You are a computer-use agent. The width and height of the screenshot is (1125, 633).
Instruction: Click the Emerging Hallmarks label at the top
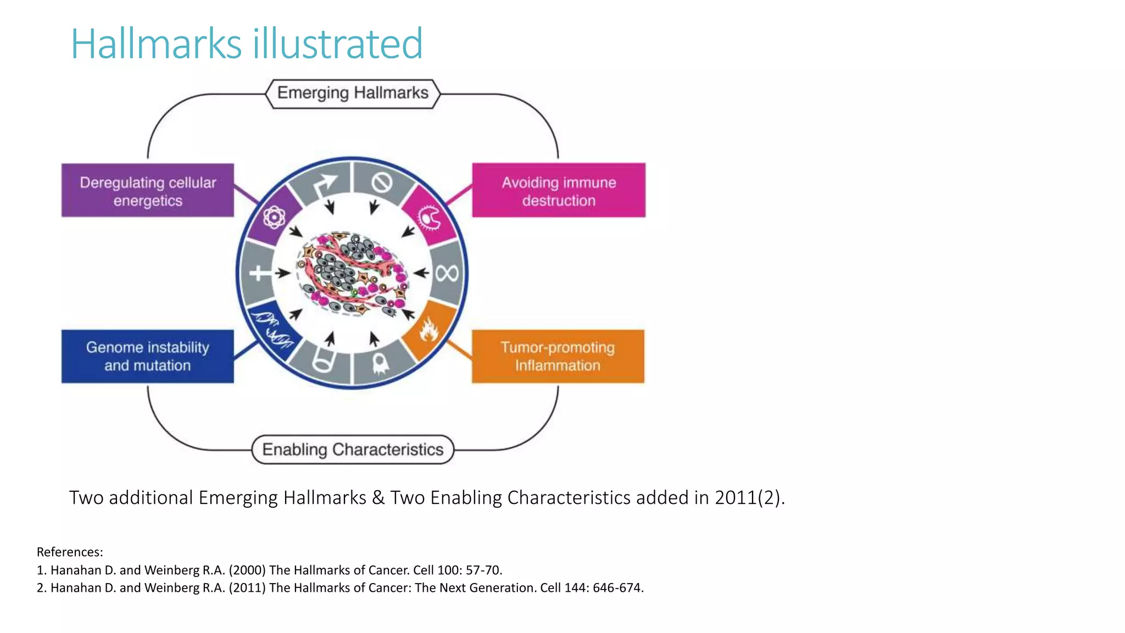[353, 93]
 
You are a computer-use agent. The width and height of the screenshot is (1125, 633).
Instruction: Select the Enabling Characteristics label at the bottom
[353, 449]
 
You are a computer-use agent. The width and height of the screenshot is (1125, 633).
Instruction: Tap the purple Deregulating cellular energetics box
[148, 191]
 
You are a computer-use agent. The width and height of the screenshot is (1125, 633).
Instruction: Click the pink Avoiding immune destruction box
[559, 191]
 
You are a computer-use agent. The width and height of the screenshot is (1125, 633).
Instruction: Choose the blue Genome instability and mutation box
[148, 356]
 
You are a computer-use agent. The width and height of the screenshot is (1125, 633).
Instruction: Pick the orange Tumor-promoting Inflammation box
[558, 356]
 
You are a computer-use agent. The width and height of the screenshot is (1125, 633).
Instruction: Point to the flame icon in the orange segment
[429, 330]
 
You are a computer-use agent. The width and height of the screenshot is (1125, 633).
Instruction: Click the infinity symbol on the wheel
[446, 273]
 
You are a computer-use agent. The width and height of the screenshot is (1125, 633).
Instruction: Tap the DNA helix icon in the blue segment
[273, 329]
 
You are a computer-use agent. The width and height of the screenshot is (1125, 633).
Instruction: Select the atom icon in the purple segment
[274, 218]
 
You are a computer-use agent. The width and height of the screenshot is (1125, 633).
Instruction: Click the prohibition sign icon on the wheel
[382, 182]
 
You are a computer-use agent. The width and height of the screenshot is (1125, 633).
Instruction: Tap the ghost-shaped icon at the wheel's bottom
[381, 363]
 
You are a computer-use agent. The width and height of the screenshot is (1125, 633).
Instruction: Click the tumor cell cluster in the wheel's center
[352, 273]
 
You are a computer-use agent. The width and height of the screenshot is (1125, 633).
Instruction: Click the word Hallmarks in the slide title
[157, 43]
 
